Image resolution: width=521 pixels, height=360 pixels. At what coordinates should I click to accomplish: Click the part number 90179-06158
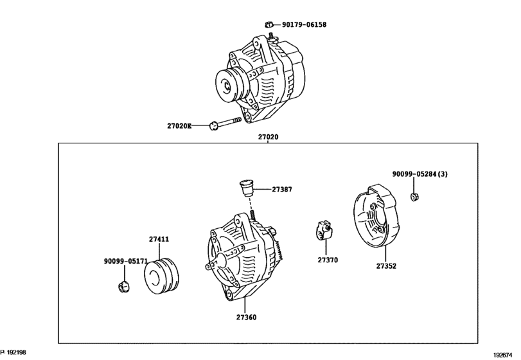click(x=305, y=24)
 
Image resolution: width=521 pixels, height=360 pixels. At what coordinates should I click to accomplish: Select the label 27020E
click(x=179, y=126)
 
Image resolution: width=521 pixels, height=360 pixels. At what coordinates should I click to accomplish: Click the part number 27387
click(x=281, y=190)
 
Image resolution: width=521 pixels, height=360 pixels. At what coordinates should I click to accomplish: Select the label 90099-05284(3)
click(x=420, y=174)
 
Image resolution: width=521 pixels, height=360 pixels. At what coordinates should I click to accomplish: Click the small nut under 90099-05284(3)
click(x=414, y=195)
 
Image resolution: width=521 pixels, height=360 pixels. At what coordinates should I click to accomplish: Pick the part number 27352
click(x=386, y=265)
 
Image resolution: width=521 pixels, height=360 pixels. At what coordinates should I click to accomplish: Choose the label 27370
click(x=327, y=260)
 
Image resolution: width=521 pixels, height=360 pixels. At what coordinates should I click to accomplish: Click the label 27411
click(x=159, y=239)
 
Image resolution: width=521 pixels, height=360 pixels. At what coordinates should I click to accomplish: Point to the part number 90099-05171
click(x=126, y=262)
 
